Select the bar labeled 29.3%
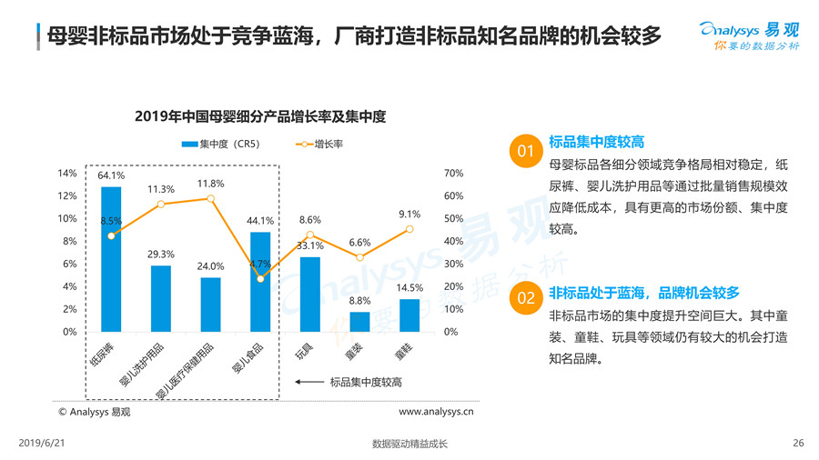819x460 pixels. (161, 298)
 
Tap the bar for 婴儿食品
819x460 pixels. (260, 282)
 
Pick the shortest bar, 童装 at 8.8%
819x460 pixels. (359, 322)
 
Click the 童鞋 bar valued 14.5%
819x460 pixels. (409, 315)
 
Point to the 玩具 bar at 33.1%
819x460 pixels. (310, 295)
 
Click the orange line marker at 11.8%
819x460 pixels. (210, 198)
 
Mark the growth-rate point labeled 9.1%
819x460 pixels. (409, 229)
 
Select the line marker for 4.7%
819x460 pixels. (260, 279)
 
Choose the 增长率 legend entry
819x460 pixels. (318, 144)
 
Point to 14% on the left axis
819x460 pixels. (67, 174)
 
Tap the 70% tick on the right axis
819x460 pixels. (453, 174)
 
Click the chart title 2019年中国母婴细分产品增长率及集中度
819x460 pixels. (259, 116)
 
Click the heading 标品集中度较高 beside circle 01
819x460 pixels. (597, 142)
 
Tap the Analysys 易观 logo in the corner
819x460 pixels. (751, 35)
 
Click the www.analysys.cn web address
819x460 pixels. (436, 411)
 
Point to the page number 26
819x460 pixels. (798, 443)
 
